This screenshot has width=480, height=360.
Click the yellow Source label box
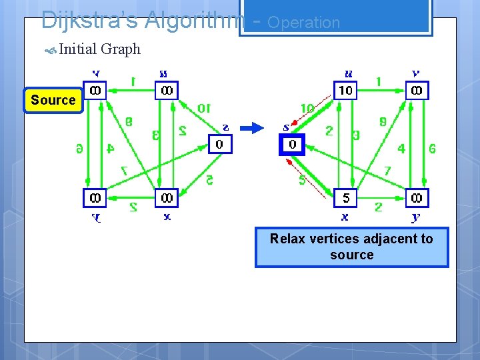pos(53,101)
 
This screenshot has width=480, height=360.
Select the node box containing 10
pos(345,90)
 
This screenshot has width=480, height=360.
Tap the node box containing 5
pos(345,198)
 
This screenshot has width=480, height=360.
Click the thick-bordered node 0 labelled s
pos(291,144)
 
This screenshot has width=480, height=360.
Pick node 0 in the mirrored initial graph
pos(220,144)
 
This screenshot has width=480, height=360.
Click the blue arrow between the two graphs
pos(252,129)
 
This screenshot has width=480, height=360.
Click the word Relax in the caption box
pos(287,239)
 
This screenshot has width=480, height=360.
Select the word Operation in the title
pos(303,22)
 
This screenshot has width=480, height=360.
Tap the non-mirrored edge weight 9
pos(382,122)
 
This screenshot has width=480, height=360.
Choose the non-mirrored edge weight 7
pos(387,171)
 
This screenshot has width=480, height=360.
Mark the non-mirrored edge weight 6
pos(433,149)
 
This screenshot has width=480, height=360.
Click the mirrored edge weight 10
pos(204,108)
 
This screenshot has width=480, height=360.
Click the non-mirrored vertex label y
pos(417,217)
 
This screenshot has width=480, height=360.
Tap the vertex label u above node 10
pos(347,73)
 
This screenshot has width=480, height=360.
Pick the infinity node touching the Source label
pos(95,90)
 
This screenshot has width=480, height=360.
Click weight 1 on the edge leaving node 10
pos(379,81)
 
